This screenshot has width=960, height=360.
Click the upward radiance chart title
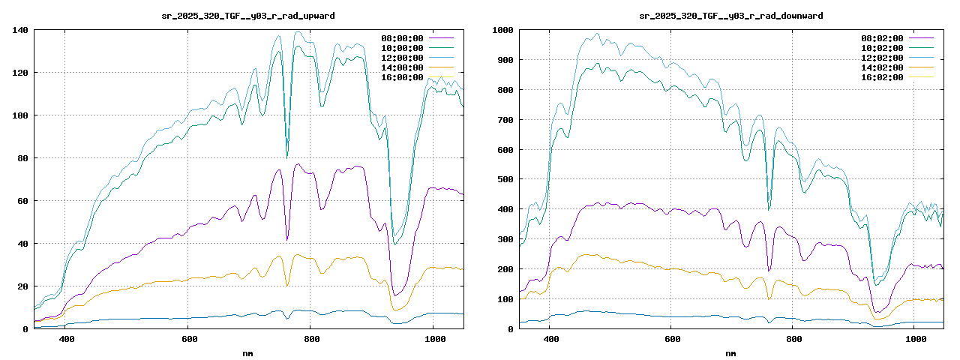(x=248, y=16)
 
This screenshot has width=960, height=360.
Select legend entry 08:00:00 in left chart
(x=403, y=38)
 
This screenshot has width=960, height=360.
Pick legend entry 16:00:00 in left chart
(x=403, y=77)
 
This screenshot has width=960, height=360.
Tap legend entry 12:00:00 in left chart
(x=403, y=58)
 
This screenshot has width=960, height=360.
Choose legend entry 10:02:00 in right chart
(x=882, y=48)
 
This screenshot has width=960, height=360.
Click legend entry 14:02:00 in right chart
(x=882, y=67)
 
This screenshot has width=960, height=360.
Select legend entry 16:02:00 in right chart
(x=882, y=77)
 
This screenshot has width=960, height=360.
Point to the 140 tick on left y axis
(x=20, y=30)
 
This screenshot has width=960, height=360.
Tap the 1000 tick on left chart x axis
(x=433, y=340)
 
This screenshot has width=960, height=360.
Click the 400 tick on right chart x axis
(x=550, y=340)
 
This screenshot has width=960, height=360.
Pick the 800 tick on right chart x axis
(x=794, y=340)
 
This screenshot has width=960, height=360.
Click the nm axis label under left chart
(x=248, y=352)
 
